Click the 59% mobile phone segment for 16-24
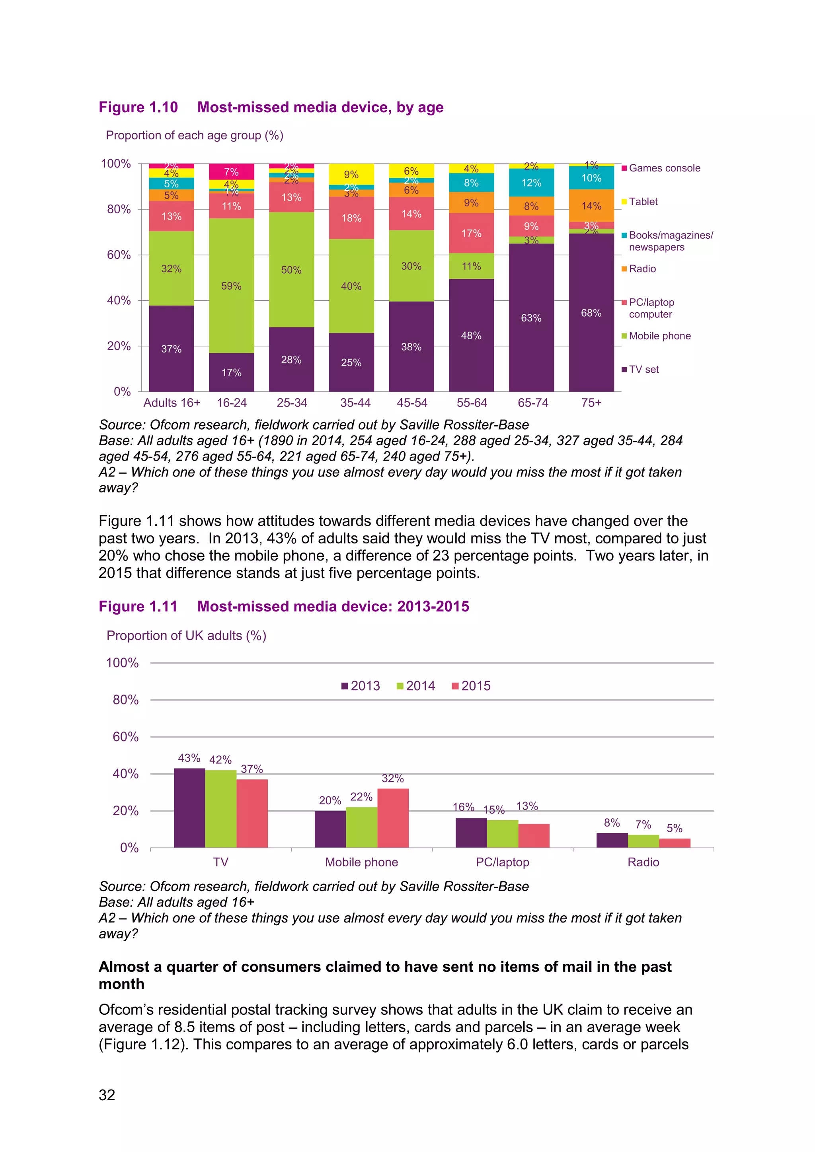click(x=231, y=286)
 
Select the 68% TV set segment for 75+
click(x=591, y=313)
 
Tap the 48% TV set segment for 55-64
click(x=471, y=335)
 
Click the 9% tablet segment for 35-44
click(x=351, y=175)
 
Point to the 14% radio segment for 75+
click(x=591, y=206)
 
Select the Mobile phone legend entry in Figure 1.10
click(x=659, y=336)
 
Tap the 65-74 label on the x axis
click(x=533, y=403)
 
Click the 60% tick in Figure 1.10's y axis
click(x=119, y=255)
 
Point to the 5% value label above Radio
click(x=675, y=828)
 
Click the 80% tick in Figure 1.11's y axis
click(x=125, y=700)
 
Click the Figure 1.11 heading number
click(x=138, y=606)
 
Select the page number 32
click(x=107, y=1094)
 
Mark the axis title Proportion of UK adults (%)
click(x=186, y=636)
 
